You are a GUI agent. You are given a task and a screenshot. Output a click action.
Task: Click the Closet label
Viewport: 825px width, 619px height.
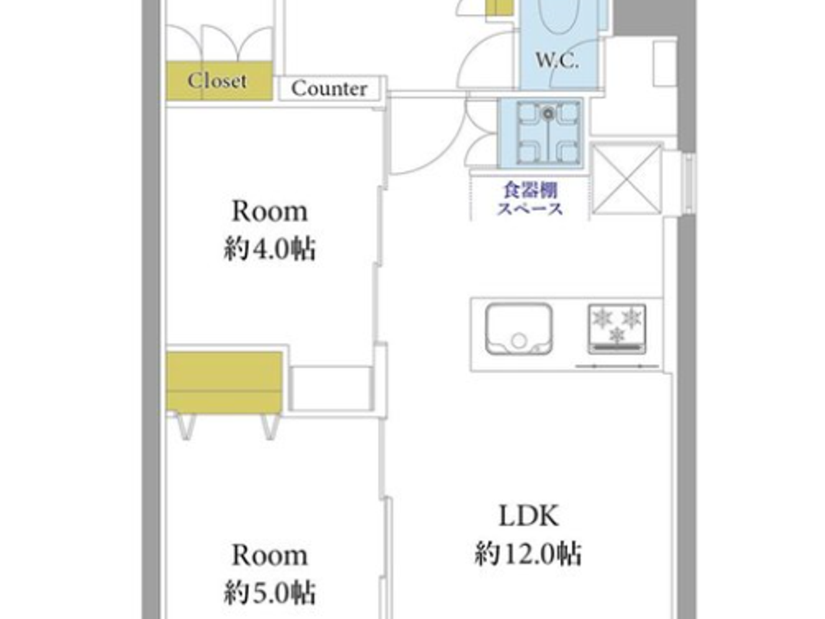217,80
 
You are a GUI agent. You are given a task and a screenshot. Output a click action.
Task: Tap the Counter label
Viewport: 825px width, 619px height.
329,88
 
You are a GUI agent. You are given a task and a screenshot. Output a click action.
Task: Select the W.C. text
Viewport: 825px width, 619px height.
556,60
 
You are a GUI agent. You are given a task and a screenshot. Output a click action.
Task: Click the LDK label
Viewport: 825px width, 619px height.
529,516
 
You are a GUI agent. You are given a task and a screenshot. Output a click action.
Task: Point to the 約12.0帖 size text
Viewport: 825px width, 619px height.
529,554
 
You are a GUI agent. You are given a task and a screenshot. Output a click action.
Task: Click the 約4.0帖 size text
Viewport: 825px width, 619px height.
269,249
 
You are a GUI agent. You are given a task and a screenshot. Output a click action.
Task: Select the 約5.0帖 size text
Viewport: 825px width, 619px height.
269,592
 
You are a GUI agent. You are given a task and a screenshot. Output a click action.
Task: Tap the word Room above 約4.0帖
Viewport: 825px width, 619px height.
269,211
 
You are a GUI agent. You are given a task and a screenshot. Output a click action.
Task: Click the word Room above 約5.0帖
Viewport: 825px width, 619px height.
269,555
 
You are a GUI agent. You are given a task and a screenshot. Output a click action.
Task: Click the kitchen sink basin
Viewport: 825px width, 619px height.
519,329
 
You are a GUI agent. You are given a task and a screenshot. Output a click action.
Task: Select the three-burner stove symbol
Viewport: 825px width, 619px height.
616,328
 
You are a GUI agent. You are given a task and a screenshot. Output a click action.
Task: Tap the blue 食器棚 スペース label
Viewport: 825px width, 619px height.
530,199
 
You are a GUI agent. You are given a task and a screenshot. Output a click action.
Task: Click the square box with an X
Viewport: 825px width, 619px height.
627,179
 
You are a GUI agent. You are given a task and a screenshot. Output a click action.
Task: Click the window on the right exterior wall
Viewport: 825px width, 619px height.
688,183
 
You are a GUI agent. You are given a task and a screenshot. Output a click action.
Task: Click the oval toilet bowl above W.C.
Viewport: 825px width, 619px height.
560,15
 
